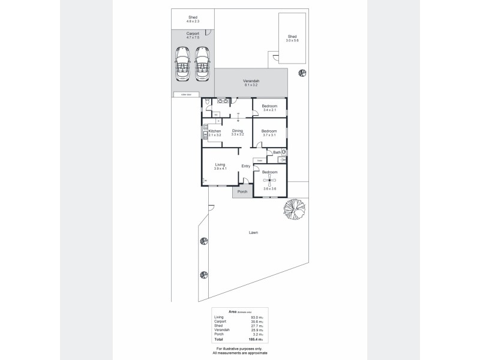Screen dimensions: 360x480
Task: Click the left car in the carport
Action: (182, 63)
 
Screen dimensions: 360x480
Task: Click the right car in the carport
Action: (202, 63)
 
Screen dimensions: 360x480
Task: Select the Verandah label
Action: (251, 83)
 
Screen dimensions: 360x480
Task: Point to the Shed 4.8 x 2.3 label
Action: (193, 19)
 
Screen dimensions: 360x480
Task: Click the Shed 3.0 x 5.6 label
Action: (292, 38)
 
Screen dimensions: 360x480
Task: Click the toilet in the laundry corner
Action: (206, 103)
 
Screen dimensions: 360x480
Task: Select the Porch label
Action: (242, 192)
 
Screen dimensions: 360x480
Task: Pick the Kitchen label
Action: (215, 131)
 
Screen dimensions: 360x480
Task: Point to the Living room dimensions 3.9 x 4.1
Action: (220, 169)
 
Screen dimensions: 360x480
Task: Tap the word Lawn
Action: (254, 232)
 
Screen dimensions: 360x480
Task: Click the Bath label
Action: (277, 152)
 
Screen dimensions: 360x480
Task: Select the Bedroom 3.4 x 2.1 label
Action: (269, 107)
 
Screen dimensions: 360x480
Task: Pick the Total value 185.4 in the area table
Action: (259, 339)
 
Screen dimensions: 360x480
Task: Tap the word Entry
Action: (246, 166)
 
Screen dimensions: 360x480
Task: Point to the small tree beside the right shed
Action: (302, 73)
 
